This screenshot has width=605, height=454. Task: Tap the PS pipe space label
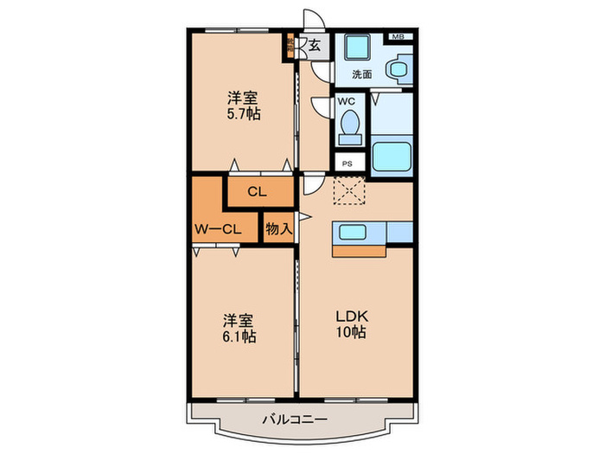click(x=347, y=163)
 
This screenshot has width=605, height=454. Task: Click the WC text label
click(x=346, y=101)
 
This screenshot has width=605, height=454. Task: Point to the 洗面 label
click(x=362, y=74)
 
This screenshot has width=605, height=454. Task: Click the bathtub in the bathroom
click(x=392, y=156)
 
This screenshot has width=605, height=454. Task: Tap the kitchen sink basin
click(x=353, y=232)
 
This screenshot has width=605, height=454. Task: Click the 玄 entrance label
click(x=315, y=46)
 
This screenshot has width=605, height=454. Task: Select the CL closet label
click(x=257, y=192)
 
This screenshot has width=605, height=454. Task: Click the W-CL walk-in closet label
click(x=218, y=229)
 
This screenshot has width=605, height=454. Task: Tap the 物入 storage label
click(x=278, y=229)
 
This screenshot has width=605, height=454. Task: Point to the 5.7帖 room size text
click(x=243, y=114)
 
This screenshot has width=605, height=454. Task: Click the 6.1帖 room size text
click(x=239, y=337)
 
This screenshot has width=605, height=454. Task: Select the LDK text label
click(x=352, y=317)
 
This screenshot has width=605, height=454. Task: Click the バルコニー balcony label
click(x=295, y=419)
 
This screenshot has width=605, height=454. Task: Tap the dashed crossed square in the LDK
click(x=349, y=190)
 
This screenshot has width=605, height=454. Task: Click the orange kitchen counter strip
click(x=360, y=252)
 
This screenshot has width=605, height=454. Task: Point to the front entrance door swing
click(x=314, y=18)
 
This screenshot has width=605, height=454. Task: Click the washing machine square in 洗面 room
click(x=357, y=48)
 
